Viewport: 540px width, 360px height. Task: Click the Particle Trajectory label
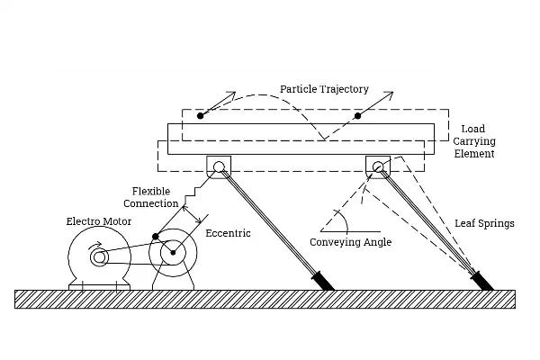click(x=324, y=89)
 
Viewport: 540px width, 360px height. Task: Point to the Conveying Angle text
click(x=351, y=242)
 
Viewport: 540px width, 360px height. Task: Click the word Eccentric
click(x=229, y=233)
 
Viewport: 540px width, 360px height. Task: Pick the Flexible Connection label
click(x=155, y=197)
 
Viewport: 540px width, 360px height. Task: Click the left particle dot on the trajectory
click(x=201, y=115)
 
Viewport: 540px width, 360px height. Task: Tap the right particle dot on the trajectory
click(x=358, y=115)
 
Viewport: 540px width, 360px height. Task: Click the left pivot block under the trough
click(x=219, y=166)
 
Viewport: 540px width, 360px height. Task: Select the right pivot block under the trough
click(x=377, y=166)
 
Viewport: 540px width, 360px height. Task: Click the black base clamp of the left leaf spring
click(x=321, y=279)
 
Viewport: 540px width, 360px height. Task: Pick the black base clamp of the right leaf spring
click(x=481, y=279)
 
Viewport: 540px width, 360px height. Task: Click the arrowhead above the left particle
click(x=231, y=94)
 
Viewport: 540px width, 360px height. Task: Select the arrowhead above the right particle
click(x=391, y=94)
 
